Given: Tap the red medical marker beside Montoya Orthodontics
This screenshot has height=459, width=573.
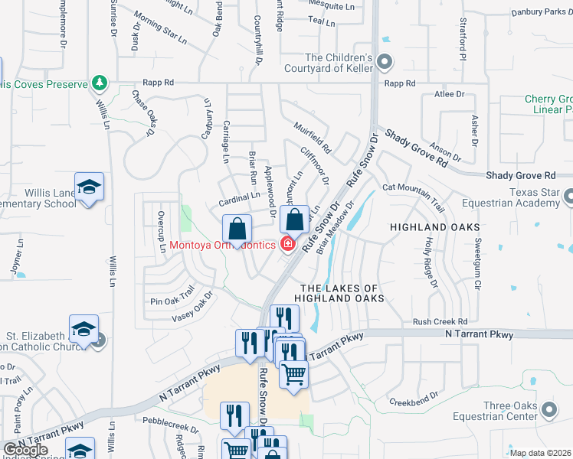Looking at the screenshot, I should (288, 245).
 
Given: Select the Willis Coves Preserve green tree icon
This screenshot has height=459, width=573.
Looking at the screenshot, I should (98, 82).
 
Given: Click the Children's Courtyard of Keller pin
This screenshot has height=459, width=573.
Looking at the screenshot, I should (385, 61).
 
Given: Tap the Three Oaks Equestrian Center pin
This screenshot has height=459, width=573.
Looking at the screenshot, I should (548, 411).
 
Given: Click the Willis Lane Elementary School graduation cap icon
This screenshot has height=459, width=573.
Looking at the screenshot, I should (89, 187).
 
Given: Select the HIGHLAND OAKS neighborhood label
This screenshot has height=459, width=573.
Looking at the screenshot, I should (434, 228).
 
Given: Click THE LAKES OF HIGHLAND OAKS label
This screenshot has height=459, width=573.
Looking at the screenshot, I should (338, 292).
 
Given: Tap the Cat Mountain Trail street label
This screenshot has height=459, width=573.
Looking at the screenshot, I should (414, 196).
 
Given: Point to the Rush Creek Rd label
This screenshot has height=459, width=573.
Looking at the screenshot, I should (440, 322).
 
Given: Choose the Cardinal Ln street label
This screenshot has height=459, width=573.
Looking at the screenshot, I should (238, 197).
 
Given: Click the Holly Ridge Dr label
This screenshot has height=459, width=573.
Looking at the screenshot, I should (430, 261).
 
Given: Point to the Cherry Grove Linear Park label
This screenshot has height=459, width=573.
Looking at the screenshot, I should (548, 105).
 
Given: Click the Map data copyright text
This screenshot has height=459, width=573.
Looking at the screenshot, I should (540, 453).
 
